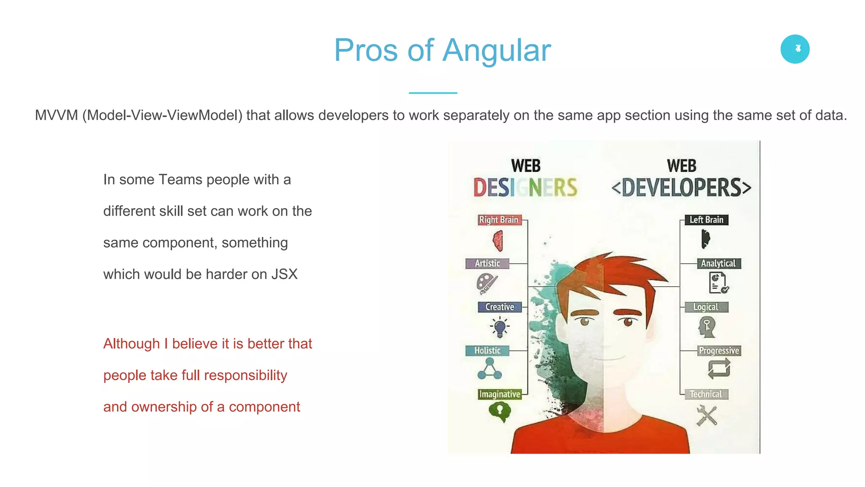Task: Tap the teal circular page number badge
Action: pos(795,49)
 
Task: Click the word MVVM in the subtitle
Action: pos(56,115)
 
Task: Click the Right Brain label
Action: pos(499,220)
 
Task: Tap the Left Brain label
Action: pos(706,220)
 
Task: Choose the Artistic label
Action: pos(487,263)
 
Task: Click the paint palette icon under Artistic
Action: pos(487,283)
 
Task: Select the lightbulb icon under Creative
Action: pos(500,327)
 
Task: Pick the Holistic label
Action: pos(487,350)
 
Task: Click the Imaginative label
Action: pos(500,394)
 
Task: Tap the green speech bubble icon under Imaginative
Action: pos(500,411)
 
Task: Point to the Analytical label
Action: pos(718,263)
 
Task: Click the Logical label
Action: pos(706,307)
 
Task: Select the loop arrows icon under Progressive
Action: pos(719,368)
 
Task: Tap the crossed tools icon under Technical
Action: pos(706,416)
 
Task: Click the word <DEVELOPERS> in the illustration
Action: pos(681,188)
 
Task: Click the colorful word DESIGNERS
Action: pos(525,188)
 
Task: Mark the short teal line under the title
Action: pos(432,93)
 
